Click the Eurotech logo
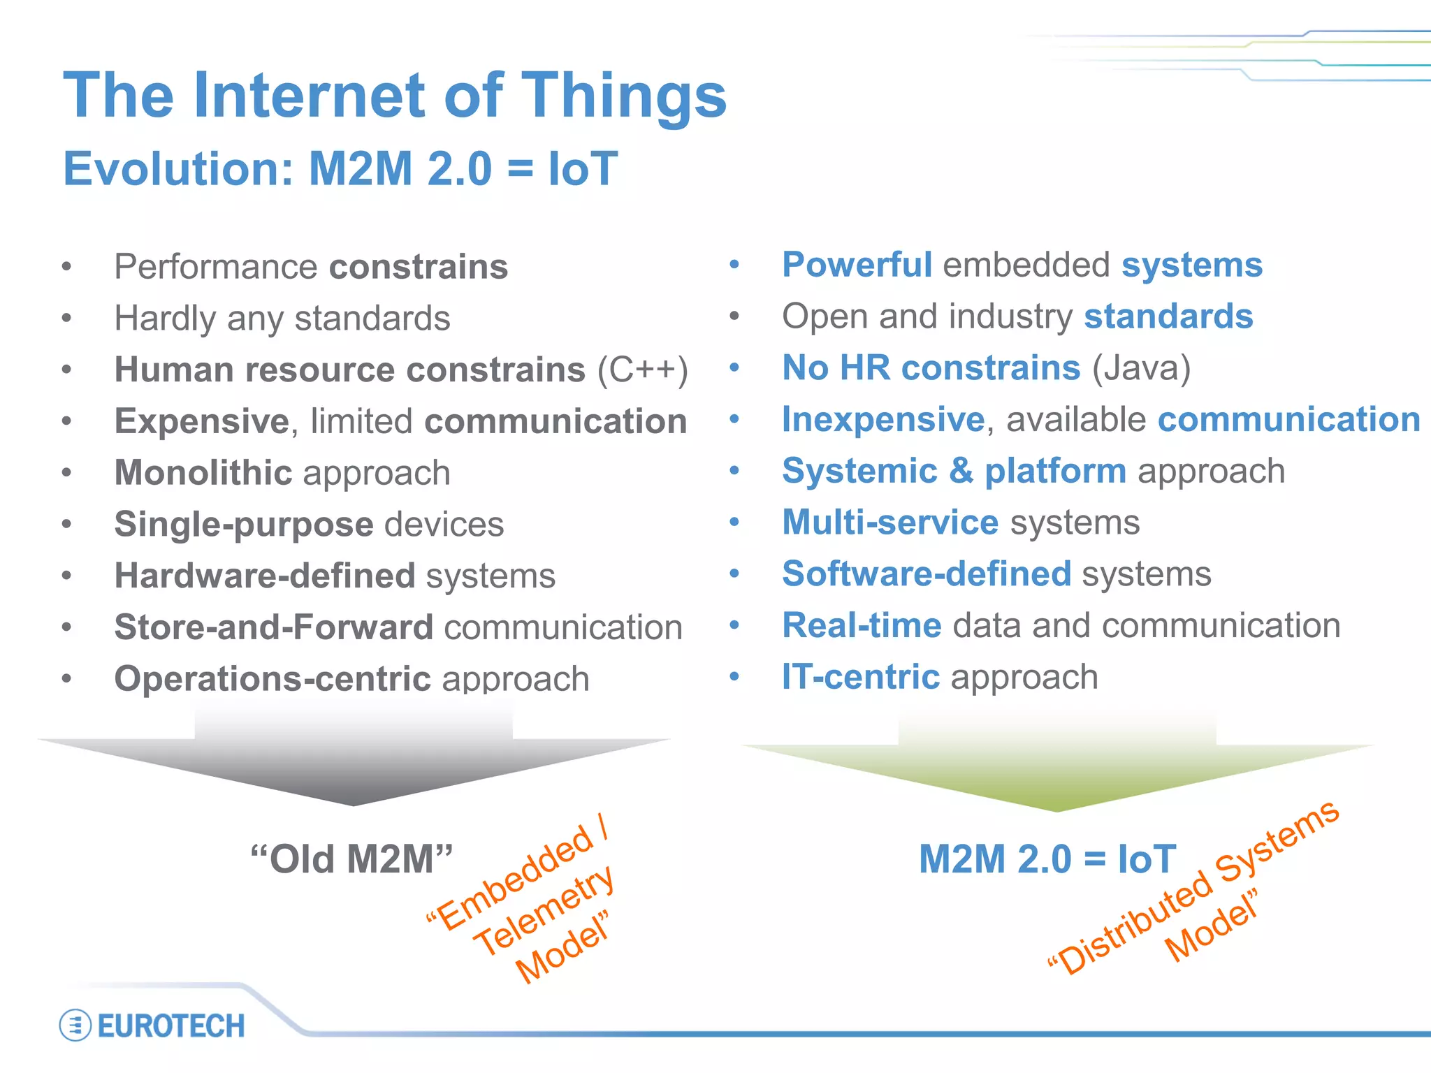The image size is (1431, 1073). (x=153, y=1025)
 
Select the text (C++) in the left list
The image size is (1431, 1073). (x=642, y=370)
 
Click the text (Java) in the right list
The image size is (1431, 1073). (x=1141, y=368)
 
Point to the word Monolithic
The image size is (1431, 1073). (x=203, y=473)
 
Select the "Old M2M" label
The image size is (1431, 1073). (x=351, y=859)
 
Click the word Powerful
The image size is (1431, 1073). (x=857, y=265)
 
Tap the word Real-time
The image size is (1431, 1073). (x=862, y=625)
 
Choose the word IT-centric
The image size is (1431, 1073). (x=860, y=677)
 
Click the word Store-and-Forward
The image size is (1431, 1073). (x=273, y=627)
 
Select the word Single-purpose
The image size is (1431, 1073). (x=244, y=525)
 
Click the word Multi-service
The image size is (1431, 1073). (x=890, y=523)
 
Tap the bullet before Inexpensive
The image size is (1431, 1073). (x=734, y=419)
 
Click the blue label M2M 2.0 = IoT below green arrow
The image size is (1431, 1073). (x=1047, y=859)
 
